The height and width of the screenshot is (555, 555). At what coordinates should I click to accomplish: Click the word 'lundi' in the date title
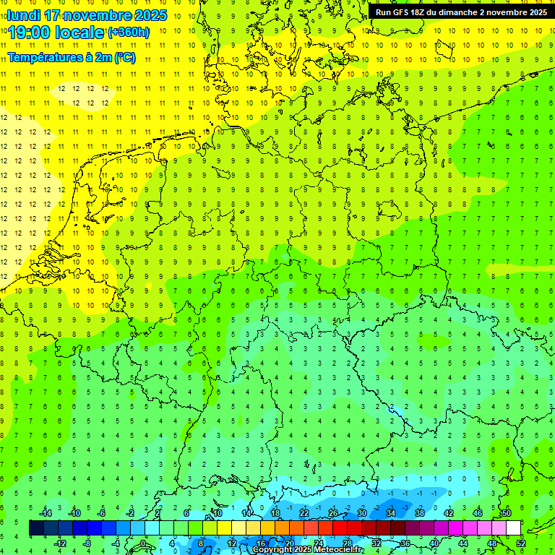(23, 15)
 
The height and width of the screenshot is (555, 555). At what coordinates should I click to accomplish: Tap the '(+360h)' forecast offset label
(129, 33)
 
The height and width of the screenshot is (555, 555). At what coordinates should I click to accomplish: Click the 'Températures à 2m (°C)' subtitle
(71, 58)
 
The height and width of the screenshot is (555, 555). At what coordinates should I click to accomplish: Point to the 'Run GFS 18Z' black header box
(461, 12)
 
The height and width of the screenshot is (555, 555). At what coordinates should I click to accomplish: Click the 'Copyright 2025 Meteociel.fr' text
(307, 550)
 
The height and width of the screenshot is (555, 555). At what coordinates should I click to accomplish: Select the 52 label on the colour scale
(521, 543)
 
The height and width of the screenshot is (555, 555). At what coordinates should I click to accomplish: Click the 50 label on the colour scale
(506, 513)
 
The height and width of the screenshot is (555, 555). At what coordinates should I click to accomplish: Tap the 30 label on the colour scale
(361, 513)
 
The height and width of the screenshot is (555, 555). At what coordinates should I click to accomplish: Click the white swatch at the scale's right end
(513, 528)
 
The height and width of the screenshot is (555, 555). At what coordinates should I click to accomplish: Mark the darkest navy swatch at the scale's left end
(36, 528)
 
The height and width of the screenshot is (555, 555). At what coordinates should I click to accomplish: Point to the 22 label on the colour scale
(304, 513)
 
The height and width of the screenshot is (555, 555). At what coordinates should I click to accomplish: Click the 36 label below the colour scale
(405, 543)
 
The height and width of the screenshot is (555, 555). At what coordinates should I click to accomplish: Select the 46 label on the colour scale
(477, 513)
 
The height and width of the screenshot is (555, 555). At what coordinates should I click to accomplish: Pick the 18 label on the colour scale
(275, 513)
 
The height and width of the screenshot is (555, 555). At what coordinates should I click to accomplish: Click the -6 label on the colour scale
(102, 513)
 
